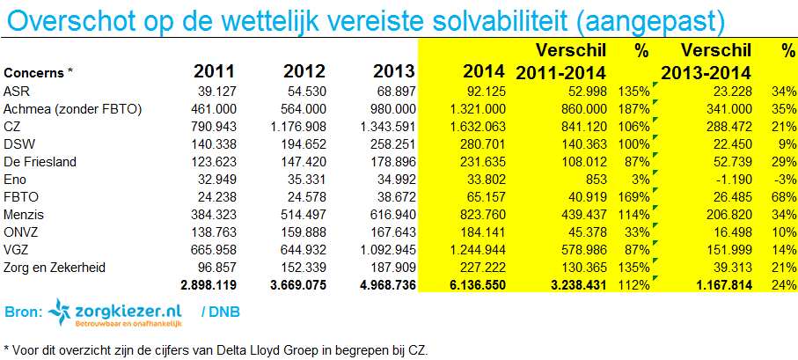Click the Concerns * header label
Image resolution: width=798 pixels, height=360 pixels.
(x=40, y=73)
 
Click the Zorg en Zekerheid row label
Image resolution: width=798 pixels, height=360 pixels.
(x=52, y=267)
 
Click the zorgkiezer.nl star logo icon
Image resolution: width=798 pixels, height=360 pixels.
(x=59, y=311)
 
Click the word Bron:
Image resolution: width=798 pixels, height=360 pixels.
(x=23, y=312)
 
